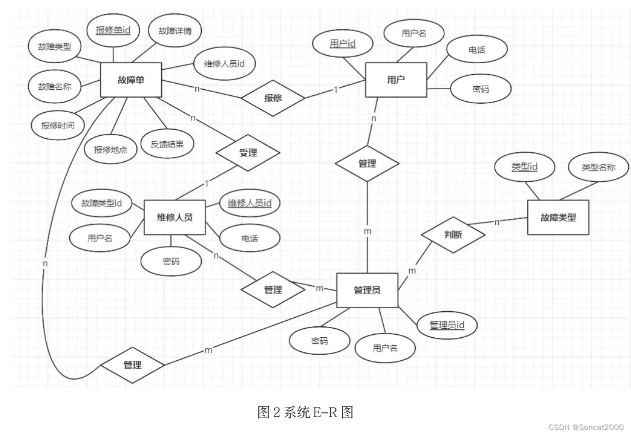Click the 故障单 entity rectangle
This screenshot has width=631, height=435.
click(131, 80)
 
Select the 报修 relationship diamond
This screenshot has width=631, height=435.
click(273, 98)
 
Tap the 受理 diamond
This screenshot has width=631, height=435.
click(248, 153)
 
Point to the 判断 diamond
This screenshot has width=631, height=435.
click(453, 235)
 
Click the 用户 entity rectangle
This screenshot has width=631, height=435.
click(396, 80)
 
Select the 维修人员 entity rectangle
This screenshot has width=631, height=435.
click(174, 217)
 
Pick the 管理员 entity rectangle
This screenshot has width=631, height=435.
click(367, 290)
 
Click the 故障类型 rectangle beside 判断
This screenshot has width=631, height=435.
click(558, 217)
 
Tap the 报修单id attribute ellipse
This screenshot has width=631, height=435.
click(113, 31)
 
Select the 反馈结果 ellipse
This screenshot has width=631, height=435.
click(167, 144)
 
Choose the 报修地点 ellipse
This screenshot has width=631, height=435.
click(110, 149)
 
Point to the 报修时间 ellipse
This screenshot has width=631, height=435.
click(58, 125)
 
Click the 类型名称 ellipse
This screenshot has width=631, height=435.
click(598, 167)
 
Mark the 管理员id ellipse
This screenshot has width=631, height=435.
click(447, 325)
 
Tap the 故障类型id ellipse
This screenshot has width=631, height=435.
click(102, 203)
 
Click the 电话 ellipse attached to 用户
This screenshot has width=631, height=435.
click(477, 50)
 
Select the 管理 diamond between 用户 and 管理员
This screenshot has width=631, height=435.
click(367, 163)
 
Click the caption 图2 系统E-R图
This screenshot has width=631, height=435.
click(305, 412)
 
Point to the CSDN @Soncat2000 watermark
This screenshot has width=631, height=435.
click(586, 427)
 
